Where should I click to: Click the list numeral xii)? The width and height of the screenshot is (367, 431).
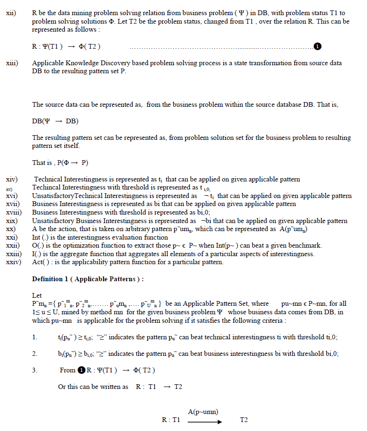pyautogui.click(x=11, y=13)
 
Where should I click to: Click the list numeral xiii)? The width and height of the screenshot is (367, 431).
pyautogui.click(x=12, y=63)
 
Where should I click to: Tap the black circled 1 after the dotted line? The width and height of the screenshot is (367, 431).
pyautogui.click(x=317, y=46)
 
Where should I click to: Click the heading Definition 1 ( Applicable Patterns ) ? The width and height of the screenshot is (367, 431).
pyautogui.click(x=88, y=279)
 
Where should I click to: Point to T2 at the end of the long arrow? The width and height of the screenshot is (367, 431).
pyautogui.click(x=244, y=420)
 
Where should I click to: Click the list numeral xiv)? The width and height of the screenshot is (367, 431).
pyautogui.click(x=12, y=180)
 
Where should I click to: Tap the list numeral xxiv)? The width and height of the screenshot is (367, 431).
pyautogui.click(x=13, y=262)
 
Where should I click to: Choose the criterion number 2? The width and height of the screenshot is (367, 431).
pyautogui.click(x=35, y=353)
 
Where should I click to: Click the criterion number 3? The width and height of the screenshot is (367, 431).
pyautogui.click(x=35, y=370)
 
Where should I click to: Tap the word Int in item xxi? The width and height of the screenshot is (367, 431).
pyautogui.click(x=36, y=237)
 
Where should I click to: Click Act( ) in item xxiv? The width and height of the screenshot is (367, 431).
pyautogui.click(x=41, y=262)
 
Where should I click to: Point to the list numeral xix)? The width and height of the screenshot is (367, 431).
pyautogui.click(x=12, y=221)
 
